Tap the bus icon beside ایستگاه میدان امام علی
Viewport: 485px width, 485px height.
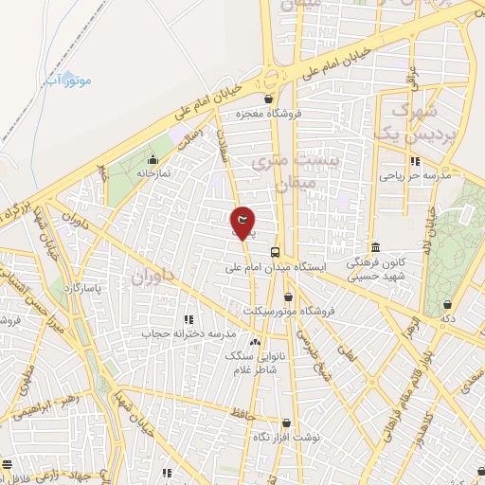click(x=275, y=252)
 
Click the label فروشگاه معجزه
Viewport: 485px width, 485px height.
click(x=269, y=114)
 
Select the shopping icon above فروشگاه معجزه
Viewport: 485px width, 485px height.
click(x=269, y=99)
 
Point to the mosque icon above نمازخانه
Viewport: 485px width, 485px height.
click(x=153, y=159)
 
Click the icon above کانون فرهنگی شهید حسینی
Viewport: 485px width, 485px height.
click(x=375, y=246)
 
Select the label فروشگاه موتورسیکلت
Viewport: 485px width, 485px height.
click(x=282, y=311)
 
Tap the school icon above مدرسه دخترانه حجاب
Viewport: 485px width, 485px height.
click(x=188, y=319)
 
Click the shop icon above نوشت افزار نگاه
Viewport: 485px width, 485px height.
click(x=286, y=423)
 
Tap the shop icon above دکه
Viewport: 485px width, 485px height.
click(x=447, y=304)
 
